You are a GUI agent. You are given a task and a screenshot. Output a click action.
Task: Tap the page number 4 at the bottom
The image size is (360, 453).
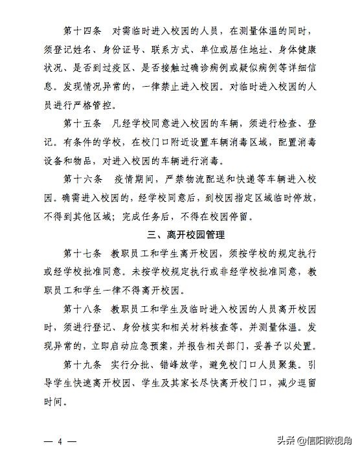point(59,441)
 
